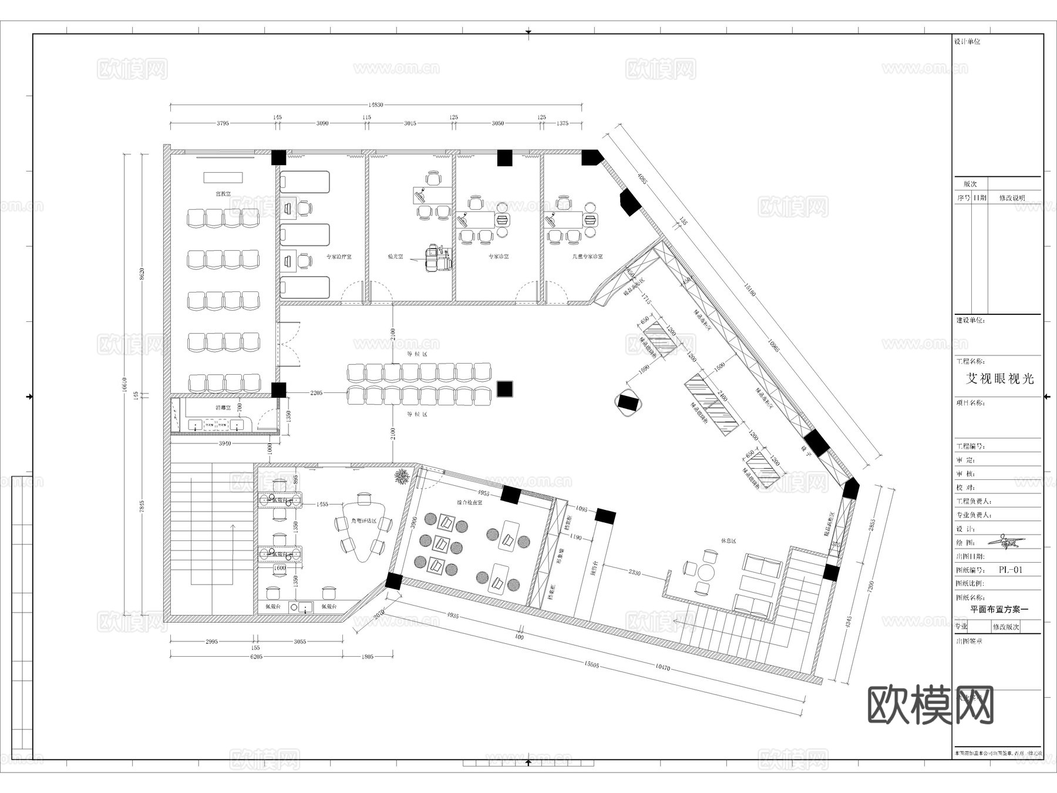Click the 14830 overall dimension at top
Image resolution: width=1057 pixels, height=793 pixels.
(376, 105)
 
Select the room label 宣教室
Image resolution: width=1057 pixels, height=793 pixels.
(223, 193)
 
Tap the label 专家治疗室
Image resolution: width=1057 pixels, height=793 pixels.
(339, 257)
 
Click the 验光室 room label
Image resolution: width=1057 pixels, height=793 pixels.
(396, 257)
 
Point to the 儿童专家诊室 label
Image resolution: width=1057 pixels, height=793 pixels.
(588, 257)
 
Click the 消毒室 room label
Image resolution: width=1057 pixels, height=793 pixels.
(223, 407)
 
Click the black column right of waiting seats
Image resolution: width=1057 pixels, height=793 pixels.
(504, 389)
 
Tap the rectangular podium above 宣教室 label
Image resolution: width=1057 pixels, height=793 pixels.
(223, 177)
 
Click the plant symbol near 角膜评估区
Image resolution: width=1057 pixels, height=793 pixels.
(402, 476)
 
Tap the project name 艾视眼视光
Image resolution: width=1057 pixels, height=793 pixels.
(1000, 379)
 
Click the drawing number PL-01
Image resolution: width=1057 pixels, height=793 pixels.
(1011, 569)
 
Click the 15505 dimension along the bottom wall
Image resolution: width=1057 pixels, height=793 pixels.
(591, 664)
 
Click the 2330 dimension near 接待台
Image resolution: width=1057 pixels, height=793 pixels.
(635, 572)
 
